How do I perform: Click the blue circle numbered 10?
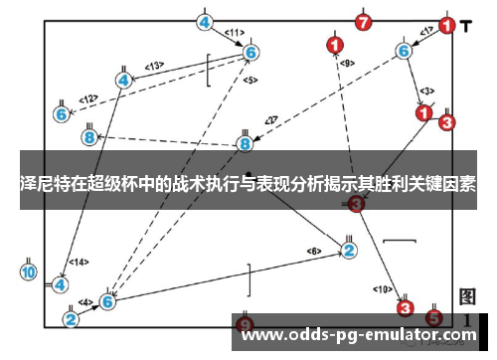29,271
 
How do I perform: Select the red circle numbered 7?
364,21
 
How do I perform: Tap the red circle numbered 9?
246,325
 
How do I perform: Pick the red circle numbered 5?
433,318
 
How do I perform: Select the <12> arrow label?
88,98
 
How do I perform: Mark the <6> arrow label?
314,250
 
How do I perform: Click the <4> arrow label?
86,302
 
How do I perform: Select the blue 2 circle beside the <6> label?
349,250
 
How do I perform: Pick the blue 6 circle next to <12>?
62,114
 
